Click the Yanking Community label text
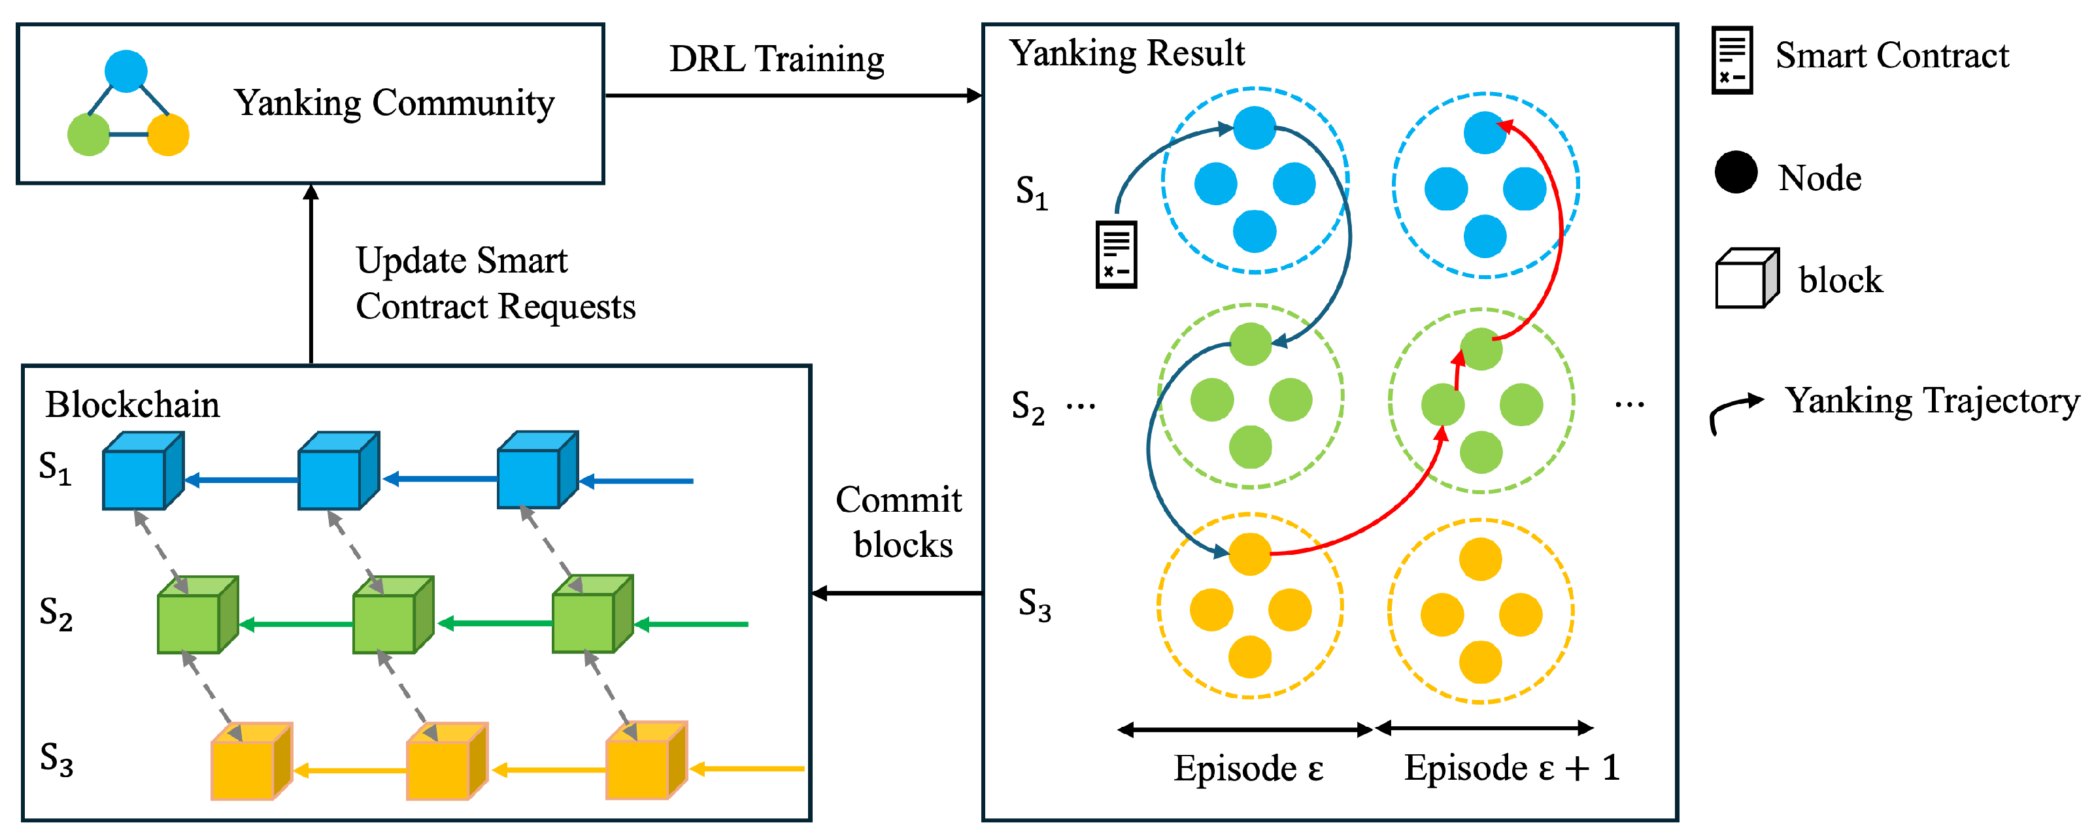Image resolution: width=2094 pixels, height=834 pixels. coord(394,103)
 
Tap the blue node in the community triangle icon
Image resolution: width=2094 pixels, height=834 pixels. coord(126,71)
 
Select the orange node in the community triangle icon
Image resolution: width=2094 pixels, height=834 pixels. coord(168,134)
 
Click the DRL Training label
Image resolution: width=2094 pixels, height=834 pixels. coord(776,59)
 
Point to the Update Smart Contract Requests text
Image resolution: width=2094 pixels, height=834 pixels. coord(494,283)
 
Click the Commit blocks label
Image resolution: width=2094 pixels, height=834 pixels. coord(899,522)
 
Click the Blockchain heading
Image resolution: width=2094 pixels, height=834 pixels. coord(133,405)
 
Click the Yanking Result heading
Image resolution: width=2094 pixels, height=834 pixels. coord(1126,54)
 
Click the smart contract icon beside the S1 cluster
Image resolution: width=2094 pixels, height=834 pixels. coord(1116,254)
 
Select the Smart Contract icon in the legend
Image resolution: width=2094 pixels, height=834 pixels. coord(1731,60)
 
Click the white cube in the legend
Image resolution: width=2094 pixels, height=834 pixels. coord(1746,279)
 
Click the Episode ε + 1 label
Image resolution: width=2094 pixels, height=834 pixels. coord(1512,768)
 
